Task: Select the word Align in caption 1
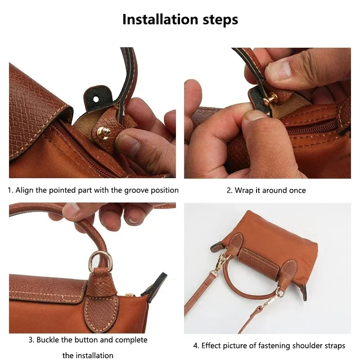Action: pyautogui.click(x=25, y=190)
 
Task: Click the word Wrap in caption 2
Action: pyautogui.click(x=243, y=190)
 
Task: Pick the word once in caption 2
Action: pyautogui.click(x=297, y=190)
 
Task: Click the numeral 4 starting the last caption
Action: pyautogui.click(x=196, y=346)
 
